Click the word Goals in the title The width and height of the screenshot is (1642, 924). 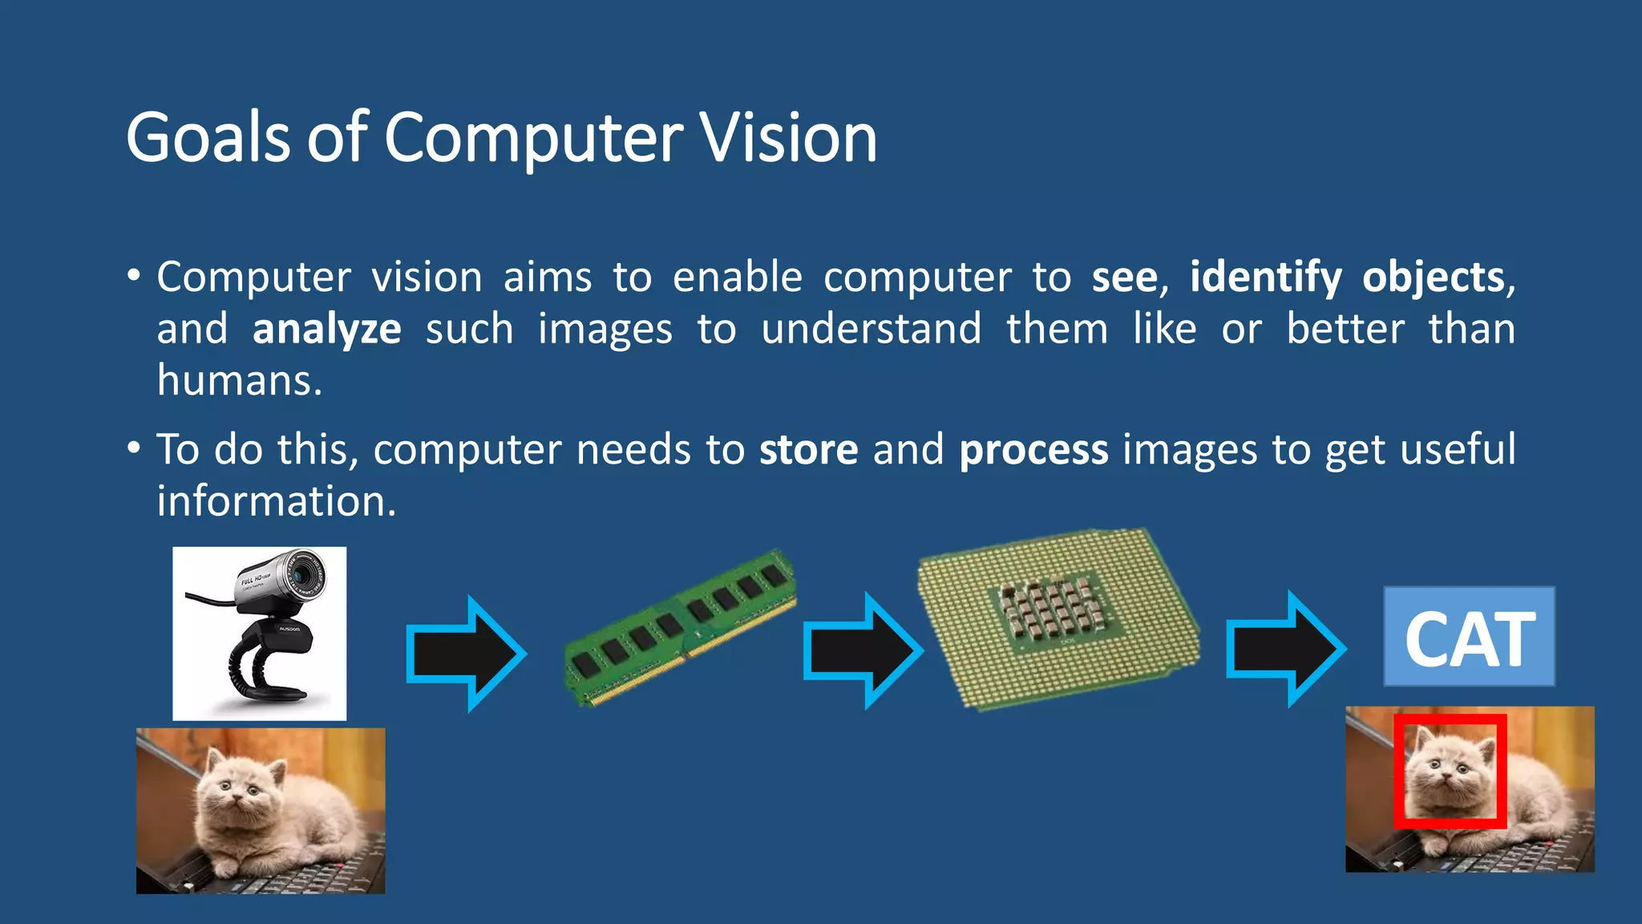click(x=207, y=138)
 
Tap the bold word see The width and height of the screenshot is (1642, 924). click(x=1124, y=278)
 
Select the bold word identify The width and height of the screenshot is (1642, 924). click(x=1265, y=278)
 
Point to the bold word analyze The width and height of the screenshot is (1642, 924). click(x=326, y=330)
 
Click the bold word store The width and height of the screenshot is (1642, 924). click(x=808, y=449)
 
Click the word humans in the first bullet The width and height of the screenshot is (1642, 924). click(x=238, y=380)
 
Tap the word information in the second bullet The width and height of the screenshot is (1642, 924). click(x=276, y=501)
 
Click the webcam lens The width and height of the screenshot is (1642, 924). click(x=302, y=573)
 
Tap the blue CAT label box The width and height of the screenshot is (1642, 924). click(x=1469, y=637)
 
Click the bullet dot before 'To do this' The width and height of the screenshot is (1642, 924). click(x=134, y=448)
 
